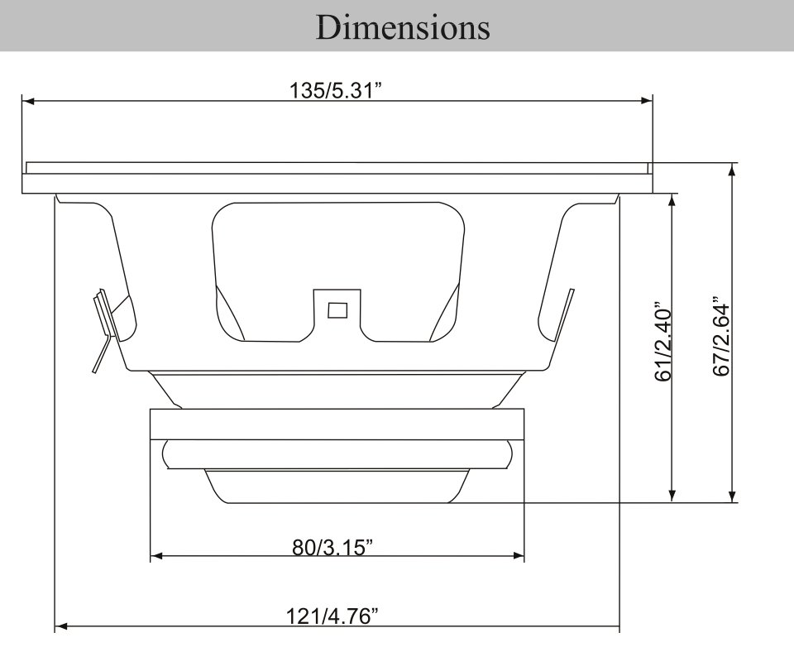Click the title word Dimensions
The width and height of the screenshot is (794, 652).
click(x=403, y=26)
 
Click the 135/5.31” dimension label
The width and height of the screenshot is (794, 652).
click(x=335, y=91)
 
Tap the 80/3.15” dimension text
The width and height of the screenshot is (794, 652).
click(x=332, y=547)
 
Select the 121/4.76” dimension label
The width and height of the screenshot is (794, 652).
click(x=332, y=616)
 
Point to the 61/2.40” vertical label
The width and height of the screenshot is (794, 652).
click(x=662, y=343)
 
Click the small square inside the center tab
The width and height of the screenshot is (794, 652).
click(x=337, y=310)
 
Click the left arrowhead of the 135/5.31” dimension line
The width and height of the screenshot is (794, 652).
click(x=28, y=101)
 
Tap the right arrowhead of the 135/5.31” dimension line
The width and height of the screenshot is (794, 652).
click(x=647, y=101)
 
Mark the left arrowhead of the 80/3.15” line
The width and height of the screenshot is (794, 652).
click(x=156, y=556)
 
